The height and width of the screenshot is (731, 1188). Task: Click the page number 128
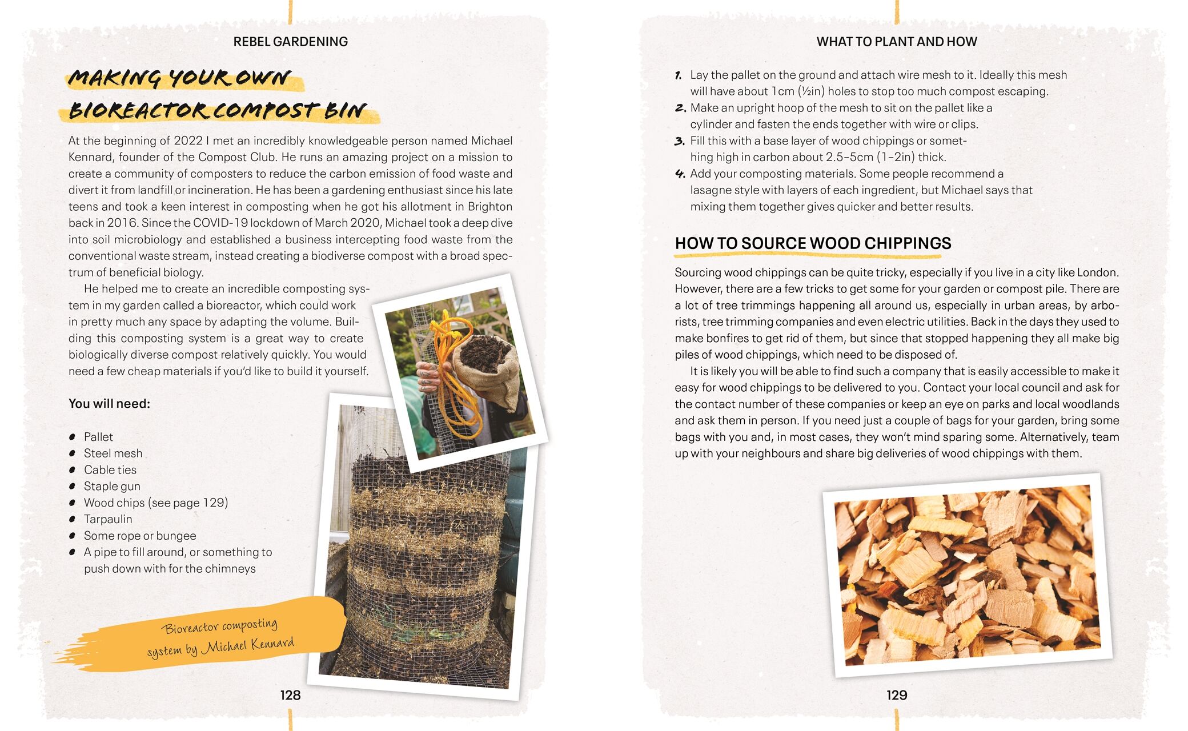click(x=290, y=695)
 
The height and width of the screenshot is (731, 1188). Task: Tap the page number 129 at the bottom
click(x=897, y=695)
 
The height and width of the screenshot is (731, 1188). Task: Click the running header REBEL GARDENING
click(x=291, y=42)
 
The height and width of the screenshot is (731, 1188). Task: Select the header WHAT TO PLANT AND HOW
click(x=897, y=42)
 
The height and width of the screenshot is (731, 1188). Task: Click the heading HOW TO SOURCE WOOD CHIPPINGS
click(x=813, y=243)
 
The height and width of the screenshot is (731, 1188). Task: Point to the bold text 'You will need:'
click(x=109, y=404)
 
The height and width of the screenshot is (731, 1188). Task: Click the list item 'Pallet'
click(x=98, y=437)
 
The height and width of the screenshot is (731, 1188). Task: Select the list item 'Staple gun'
click(x=112, y=487)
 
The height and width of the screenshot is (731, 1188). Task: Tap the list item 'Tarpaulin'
click(x=108, y=519)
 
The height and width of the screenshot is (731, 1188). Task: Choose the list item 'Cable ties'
click(x=110, y=470)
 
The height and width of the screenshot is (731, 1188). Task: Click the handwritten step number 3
click(x=679, y=141)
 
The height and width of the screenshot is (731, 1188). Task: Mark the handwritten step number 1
click(x=678, y=75)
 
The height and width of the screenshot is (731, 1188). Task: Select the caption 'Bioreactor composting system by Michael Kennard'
click(x=221, y=638)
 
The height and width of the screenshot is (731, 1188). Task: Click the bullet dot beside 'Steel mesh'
click(x=73, y=453)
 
